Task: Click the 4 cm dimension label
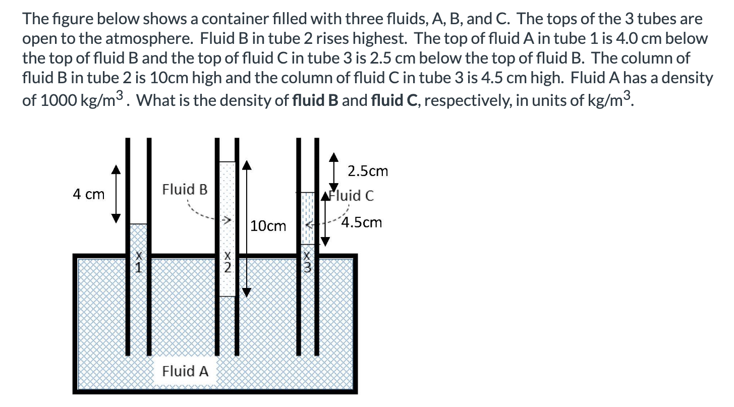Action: (89, 194)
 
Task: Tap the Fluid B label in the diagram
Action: (185, 190)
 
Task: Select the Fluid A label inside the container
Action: (185, 372)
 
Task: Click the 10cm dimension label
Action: (268, 226)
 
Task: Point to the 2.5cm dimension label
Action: (368, 171)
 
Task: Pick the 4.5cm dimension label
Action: (362, 222)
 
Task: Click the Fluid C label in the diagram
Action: (352, 196)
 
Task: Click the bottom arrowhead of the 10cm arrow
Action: (246, 292)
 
